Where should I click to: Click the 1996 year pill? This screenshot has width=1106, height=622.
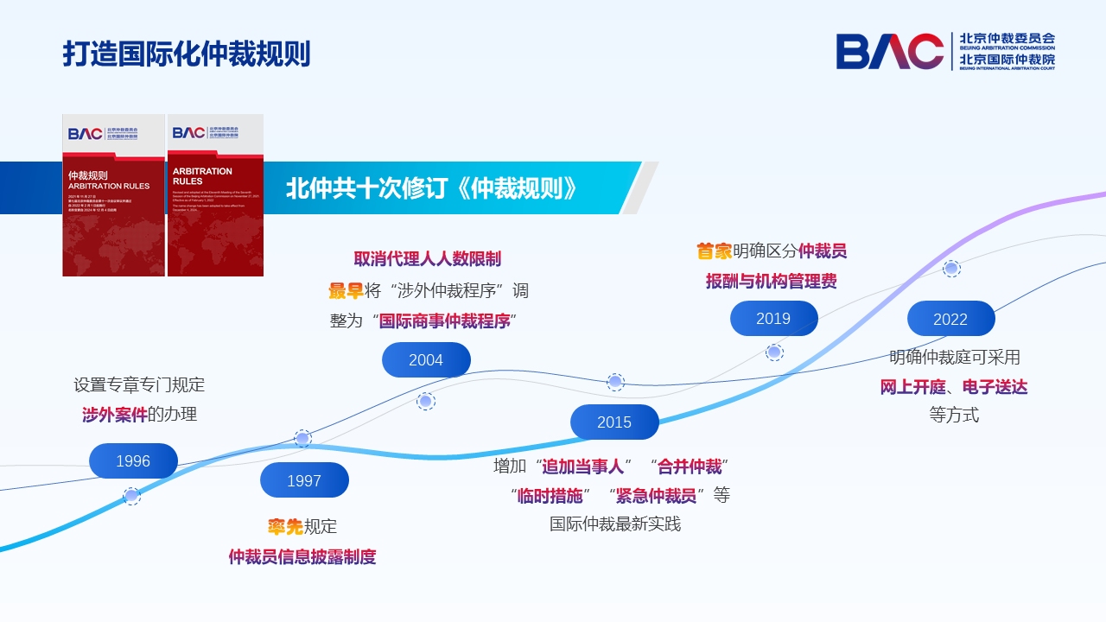[133, 461]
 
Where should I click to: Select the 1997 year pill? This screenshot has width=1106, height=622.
[304, 480]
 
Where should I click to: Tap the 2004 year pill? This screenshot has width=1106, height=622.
[426, 360]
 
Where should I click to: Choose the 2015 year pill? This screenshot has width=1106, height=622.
[614, 422]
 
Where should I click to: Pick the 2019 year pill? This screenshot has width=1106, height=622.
[773, 319]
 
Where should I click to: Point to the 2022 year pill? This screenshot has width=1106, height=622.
[950, 319]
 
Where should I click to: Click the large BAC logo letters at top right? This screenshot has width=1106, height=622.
[889, 51]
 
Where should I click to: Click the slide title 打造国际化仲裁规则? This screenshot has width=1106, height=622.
[186, 54]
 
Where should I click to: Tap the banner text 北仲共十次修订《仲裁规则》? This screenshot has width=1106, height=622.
[432, 187]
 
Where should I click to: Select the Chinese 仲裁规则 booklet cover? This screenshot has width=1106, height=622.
[113, 196]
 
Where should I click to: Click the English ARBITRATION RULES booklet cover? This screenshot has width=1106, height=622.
[215, 196]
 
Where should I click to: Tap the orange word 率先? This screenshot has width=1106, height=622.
[284, 527]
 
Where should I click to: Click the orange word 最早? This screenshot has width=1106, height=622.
[346, 291]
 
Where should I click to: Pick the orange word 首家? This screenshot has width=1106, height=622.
[715, 251]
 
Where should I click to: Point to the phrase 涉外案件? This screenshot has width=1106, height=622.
[115, 415]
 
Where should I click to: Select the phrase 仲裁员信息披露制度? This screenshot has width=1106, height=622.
[302, 557]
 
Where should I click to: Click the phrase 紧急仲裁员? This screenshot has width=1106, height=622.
[656, 496]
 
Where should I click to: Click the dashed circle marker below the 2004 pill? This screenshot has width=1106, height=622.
[426, 401]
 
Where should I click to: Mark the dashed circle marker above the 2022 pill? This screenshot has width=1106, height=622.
[951, 268]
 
